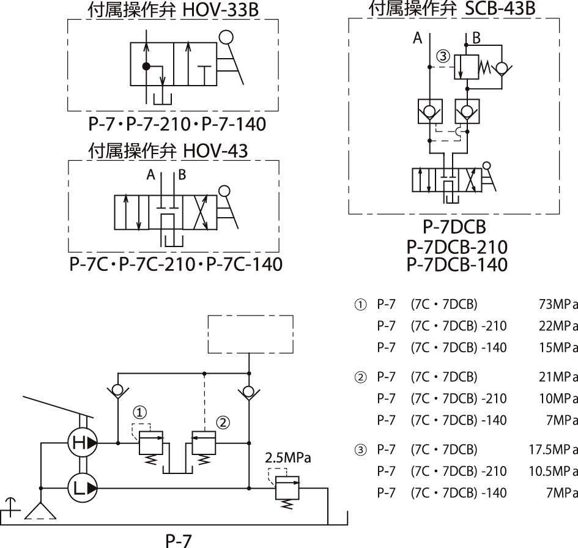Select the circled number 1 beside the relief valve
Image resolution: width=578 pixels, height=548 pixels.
(x=141, y=412)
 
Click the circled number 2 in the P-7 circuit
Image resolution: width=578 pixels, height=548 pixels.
(x=223, y=421)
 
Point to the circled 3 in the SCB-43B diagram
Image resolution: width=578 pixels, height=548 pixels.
(x=443, y=56)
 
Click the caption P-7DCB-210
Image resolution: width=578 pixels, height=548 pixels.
(x=457, y=246)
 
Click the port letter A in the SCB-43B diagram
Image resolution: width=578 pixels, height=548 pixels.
(x=418, y=39)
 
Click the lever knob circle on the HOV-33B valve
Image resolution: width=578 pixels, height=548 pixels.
(x=226, y=38)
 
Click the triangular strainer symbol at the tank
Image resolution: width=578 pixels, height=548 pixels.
(x=40, y=509)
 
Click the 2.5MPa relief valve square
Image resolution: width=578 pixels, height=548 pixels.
(x=286, y=486)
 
